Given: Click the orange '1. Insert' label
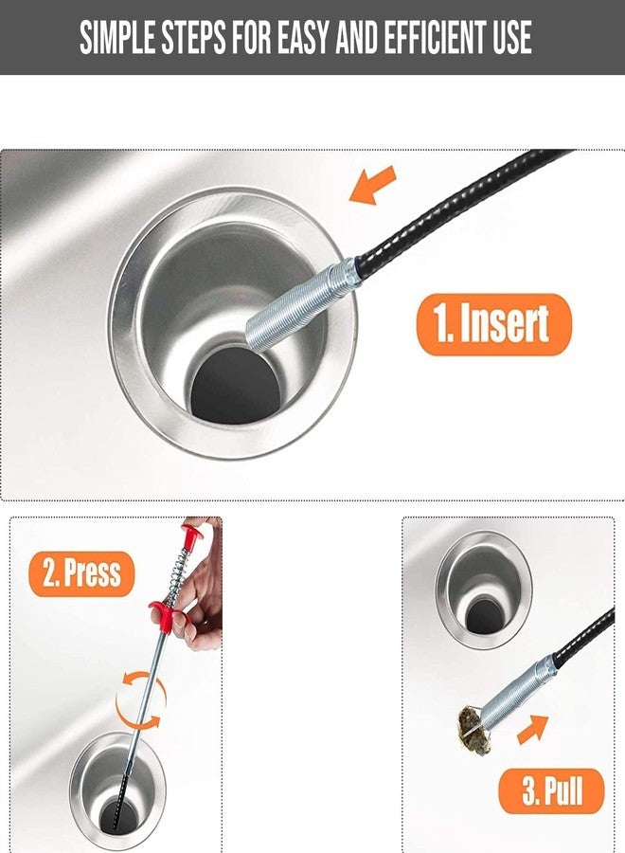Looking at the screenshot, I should coord(493,324).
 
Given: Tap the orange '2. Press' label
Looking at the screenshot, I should coord(81,573).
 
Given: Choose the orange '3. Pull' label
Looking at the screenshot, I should coord(551,789).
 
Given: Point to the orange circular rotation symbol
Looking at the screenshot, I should coord(140,701).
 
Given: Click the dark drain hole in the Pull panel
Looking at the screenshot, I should coord(484,616).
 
